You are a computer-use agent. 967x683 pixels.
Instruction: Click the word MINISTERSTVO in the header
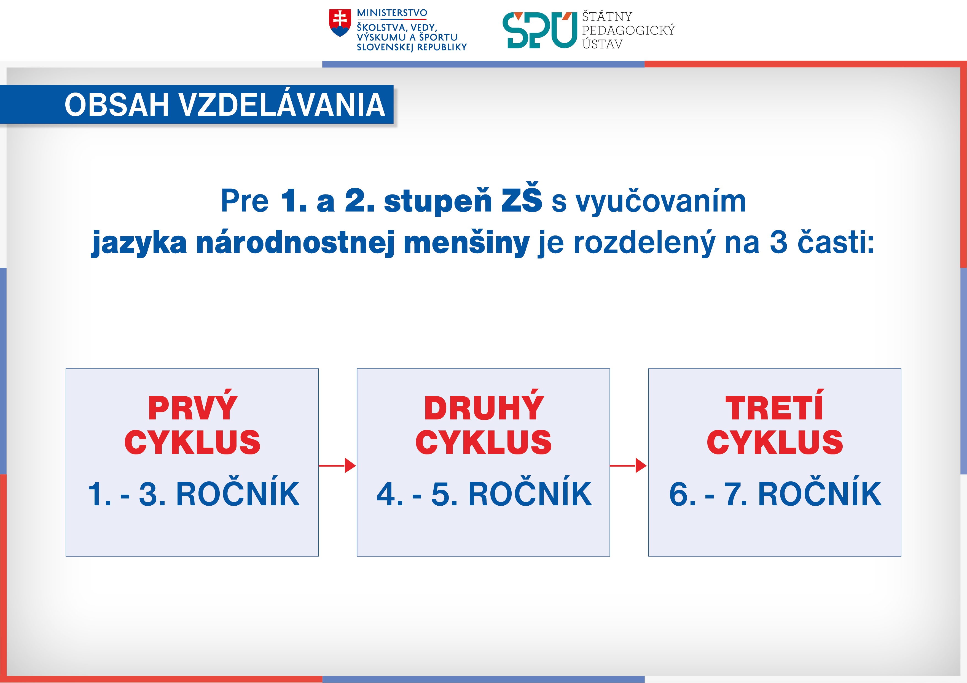click(392, 13)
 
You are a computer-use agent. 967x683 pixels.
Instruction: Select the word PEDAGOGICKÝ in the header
click(628, 30)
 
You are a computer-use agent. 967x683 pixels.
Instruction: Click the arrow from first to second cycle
click(338, 465)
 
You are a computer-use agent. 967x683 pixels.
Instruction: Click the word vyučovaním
click(661, 202)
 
